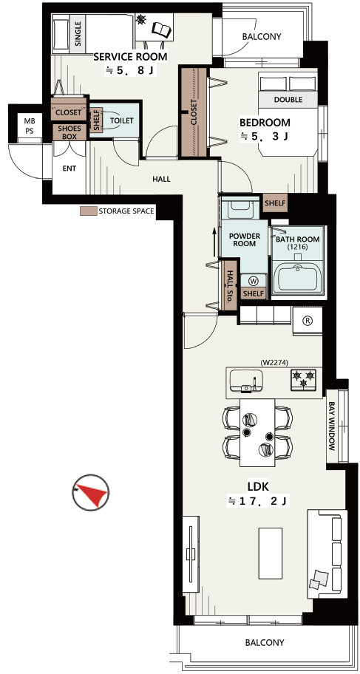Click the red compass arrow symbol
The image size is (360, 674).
click(91, 492)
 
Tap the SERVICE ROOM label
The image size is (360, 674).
click(130, 56)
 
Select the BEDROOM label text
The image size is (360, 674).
click(265, 123)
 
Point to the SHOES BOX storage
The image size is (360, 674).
click(69, 132)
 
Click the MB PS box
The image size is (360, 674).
click(30, 124)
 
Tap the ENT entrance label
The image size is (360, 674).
click(69, 168)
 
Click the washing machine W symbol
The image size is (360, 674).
click(254, 281)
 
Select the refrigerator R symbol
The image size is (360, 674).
click(308, 320)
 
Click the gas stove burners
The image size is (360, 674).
click(303, 379)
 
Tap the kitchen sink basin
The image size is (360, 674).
click(246, 380)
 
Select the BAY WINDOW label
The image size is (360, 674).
click(332, 426)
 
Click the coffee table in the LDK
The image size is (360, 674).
click(270, 554)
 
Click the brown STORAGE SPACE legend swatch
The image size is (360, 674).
click(88, 211)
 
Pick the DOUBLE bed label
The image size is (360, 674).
click(288, 100)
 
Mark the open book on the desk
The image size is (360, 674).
click(162, 30)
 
